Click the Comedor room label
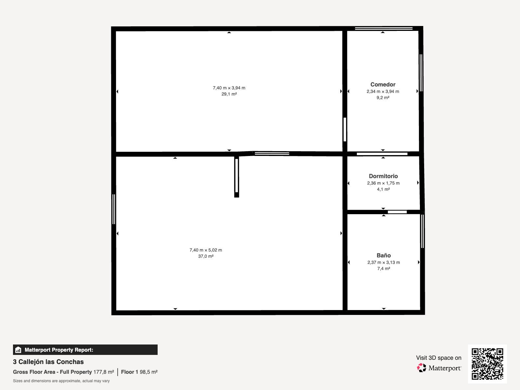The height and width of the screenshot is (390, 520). (383, 84)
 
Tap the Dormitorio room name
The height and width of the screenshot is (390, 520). (383, 176)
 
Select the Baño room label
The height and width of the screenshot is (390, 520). (383, 255)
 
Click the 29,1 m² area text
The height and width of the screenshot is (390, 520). (229, 94)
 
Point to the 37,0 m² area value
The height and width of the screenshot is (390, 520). (206, 256)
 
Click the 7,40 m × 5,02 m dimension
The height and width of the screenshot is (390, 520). (206, 250)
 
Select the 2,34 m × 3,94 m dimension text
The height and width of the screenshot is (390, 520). (383, 91)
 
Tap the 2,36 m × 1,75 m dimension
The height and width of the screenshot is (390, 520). (383, 183)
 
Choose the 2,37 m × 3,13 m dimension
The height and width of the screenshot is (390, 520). (383, 262)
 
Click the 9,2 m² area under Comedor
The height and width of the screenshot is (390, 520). (383, 97)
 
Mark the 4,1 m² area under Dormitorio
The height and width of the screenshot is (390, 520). (383, 189)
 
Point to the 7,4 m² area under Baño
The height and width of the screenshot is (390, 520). (383, 268)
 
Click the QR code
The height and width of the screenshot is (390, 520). (487, 364)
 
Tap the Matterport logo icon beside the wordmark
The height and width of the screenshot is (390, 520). (422, 368)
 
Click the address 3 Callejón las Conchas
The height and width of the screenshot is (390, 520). (48, 362)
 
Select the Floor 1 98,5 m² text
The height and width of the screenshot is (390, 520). (139, 372)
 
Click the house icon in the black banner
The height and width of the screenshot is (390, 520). (18, 350)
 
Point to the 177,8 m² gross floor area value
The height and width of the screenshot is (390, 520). (104, 372)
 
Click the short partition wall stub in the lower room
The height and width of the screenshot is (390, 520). (236, 177)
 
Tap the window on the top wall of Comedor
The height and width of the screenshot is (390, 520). (384, 28)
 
